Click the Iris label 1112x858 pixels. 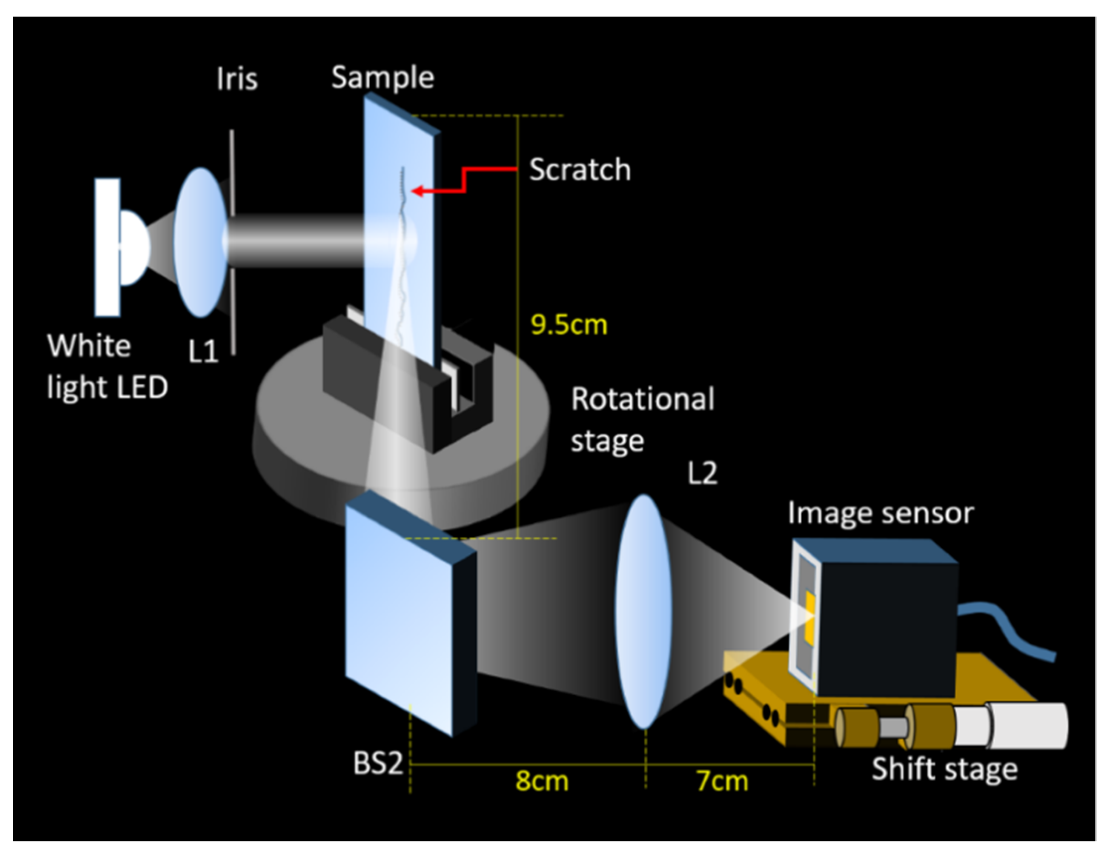click(237, 79)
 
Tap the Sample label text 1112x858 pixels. click(383, 78)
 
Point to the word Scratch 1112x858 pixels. click(579, 169)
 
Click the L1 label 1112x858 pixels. click(203, 351)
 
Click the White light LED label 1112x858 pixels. click(107, 367)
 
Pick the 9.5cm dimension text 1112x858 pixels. click(569, 324)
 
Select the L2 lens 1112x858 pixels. click(643, 611)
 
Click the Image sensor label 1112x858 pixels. click(880, 513)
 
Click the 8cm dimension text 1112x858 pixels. click(542, 781)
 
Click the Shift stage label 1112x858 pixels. click(944, 769)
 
